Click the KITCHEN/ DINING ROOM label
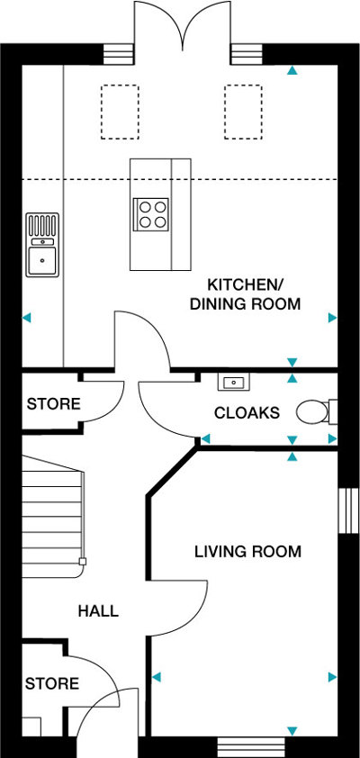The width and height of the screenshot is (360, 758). pos(245,293)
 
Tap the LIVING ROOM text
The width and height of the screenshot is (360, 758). pos(247,551)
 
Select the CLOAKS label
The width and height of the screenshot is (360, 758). pos(247,413)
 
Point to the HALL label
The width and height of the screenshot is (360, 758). pos(98,610)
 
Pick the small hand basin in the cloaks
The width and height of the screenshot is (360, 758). pos(234,382)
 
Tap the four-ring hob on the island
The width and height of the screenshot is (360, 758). pos(151,214)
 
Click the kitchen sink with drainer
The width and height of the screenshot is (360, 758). pos(42,245)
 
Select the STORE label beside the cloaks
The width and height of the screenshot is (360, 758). pos(53,403)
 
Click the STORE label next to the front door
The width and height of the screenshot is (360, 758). pos(51,683)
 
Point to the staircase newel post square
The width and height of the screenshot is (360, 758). pos(83,561)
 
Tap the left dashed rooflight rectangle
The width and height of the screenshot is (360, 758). pos(120,112)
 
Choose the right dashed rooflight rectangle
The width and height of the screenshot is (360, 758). pos(243,112)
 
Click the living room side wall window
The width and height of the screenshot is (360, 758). pos(346,510)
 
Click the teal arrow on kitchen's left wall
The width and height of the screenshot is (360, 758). pos(27,318)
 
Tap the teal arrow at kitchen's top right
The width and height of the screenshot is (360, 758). pos(292,70)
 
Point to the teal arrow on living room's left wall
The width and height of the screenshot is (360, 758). pos(157,677)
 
